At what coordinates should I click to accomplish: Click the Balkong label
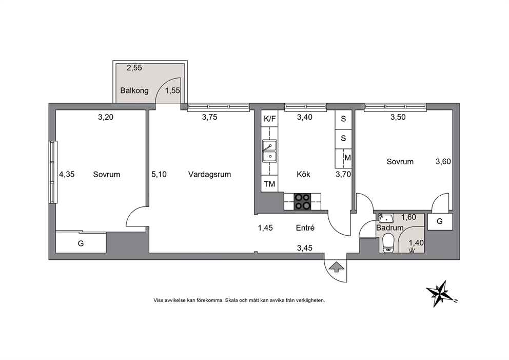pos(134,90)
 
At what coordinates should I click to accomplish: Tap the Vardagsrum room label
pos(209,175)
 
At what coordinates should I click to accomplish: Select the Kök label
pos(304,175)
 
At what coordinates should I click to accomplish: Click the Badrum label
pos(389,228)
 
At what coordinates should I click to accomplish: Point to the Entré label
pos(305,228)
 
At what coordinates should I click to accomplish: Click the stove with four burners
pos(302,201)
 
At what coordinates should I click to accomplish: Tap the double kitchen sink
pos(269,151)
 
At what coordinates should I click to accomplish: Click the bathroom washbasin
pos(386,218)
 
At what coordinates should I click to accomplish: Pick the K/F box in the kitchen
pos(270,119)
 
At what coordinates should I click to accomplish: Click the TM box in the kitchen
pos(269,184)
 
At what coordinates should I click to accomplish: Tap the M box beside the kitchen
pos(348,158)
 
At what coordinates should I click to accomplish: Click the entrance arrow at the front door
pos(336,267)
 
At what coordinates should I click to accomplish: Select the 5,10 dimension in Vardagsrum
pos(159,175)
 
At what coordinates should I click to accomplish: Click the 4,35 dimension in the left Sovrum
pos(67,175)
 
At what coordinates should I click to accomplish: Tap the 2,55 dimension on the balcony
pos(134,68)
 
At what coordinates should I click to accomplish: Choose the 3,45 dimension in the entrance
pos(304,248)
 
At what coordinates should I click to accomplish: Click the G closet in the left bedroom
pos(81,243)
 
